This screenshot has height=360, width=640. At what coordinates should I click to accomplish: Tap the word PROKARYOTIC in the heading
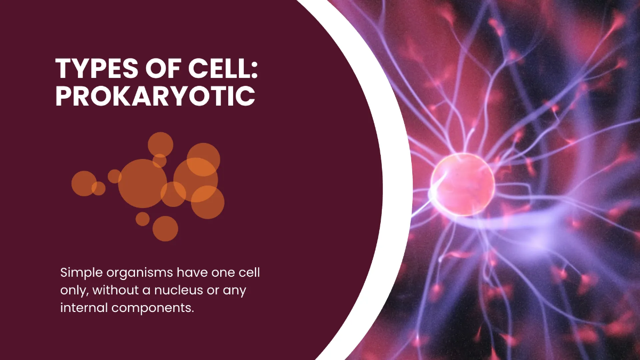(x=155, y=96)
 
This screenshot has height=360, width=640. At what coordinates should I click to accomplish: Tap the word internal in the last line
(x=80, y=308)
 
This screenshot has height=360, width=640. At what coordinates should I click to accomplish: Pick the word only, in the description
(x=74, y=291)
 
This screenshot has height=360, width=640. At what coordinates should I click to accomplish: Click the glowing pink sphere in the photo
(x=462, y=183)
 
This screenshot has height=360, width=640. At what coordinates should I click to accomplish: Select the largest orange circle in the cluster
(x=142, y=183)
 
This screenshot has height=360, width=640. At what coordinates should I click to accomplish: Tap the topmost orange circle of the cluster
(x=161, y=145)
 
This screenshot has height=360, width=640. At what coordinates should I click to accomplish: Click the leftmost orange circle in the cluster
(x=84, y=183)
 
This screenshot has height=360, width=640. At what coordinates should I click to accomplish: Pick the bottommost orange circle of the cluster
(x=165, y=228)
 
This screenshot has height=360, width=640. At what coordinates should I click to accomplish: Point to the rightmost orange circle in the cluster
(x=208, y=202)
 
